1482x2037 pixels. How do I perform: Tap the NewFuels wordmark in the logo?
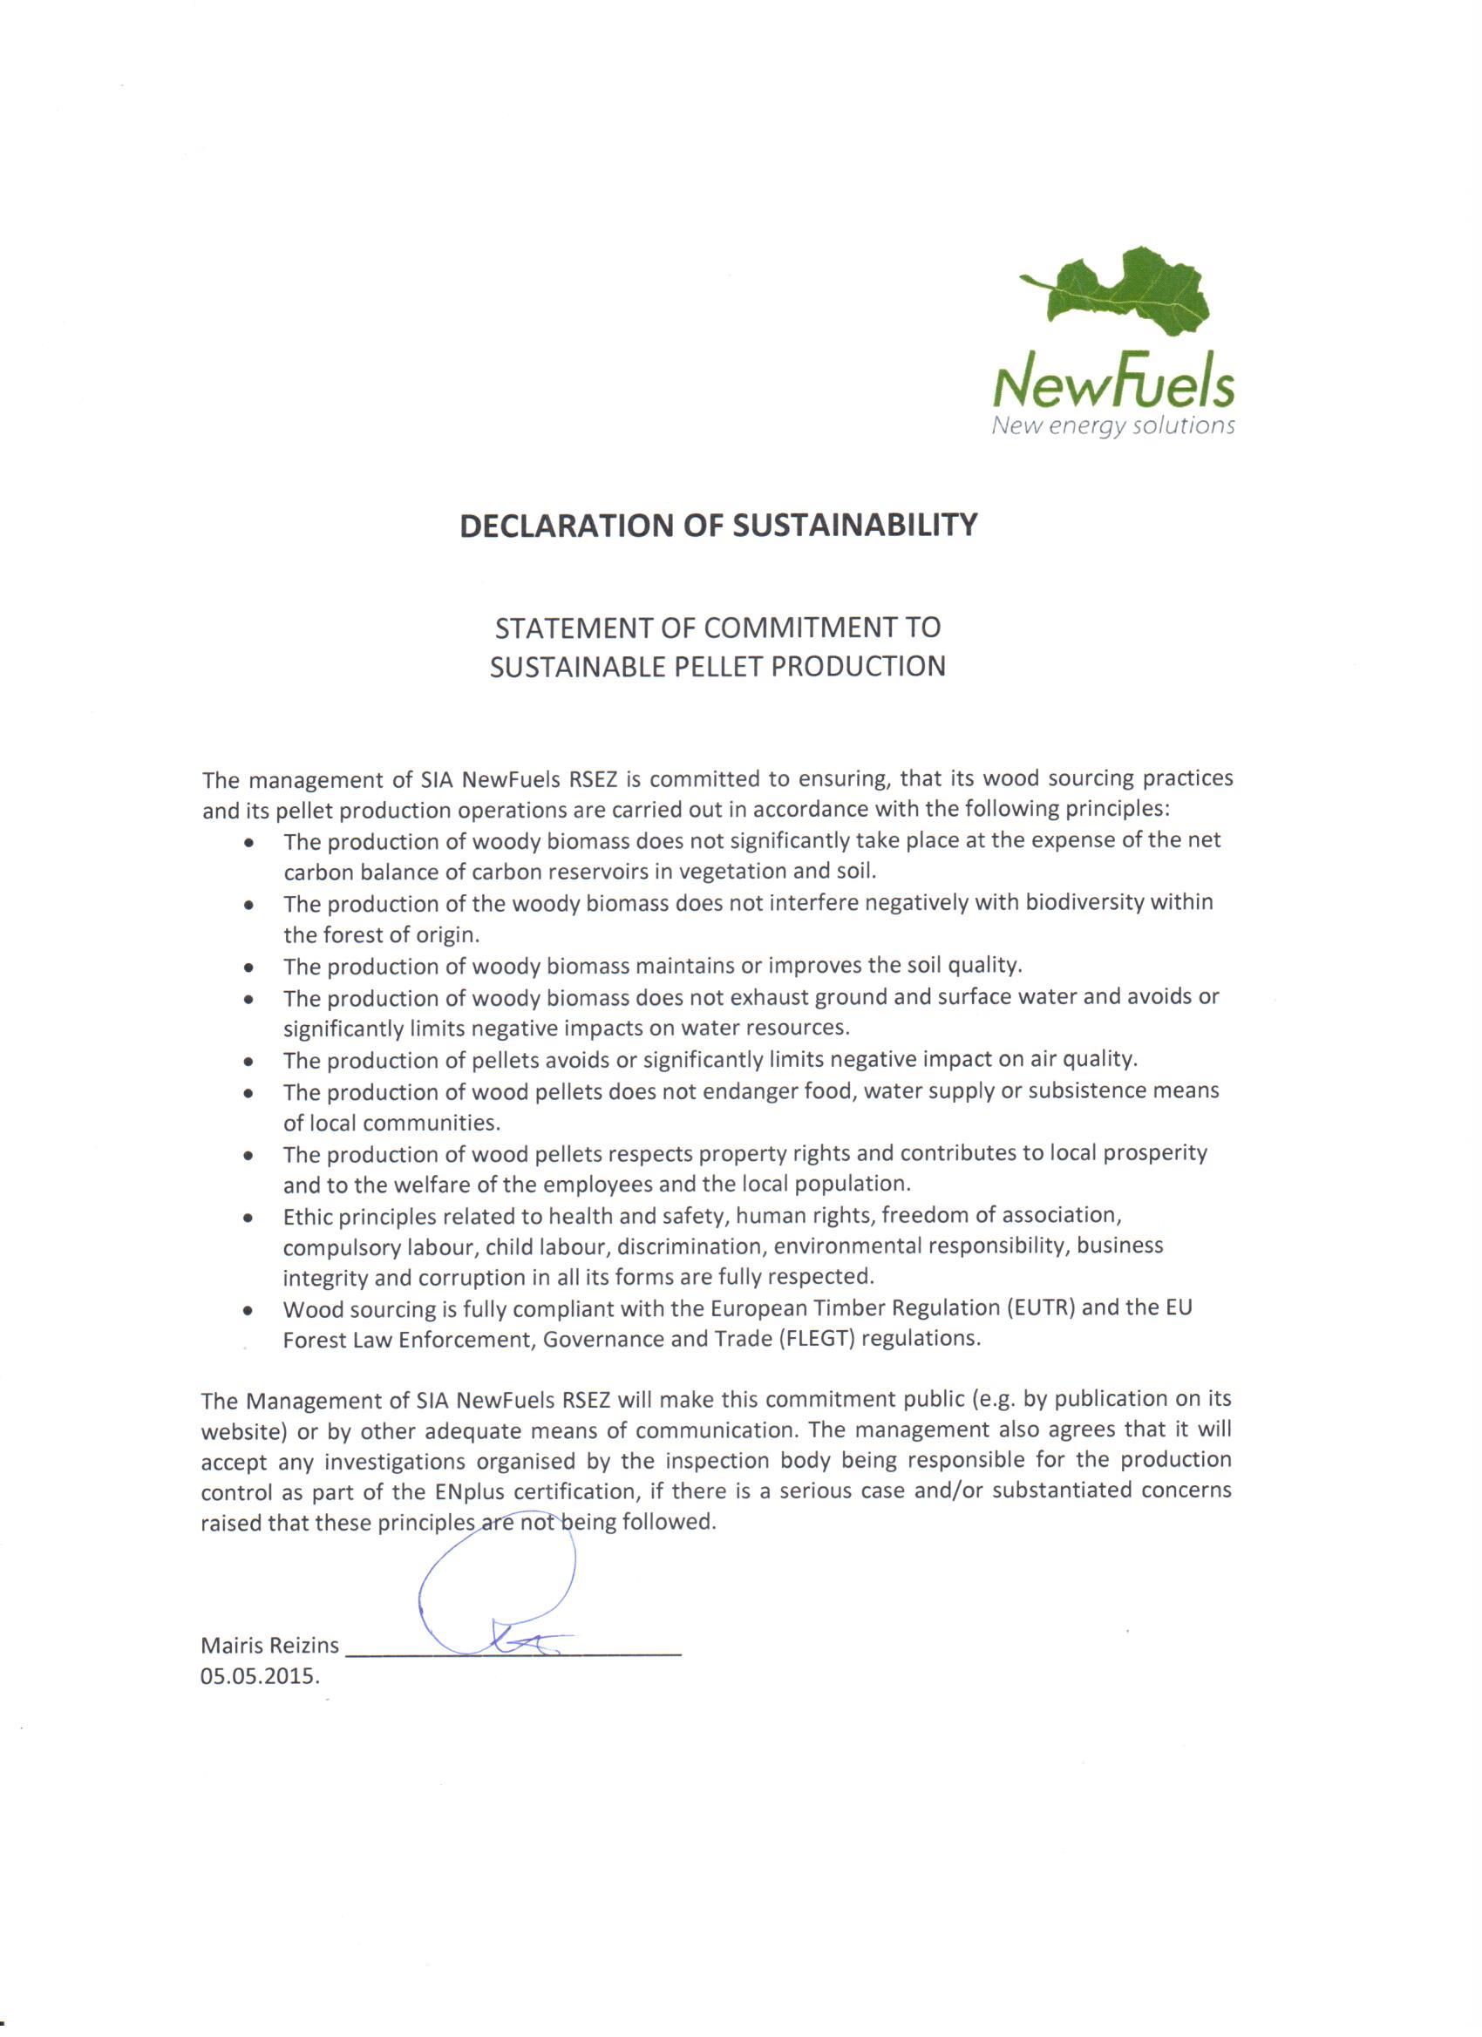tap(1113, 384)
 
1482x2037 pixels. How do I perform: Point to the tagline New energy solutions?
tap(1113, 424)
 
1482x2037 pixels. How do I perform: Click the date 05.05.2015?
tap(260, 1677)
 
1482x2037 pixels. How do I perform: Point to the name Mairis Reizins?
tap(269, 1646)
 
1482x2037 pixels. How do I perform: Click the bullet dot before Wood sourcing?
tap(248, 1311)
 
